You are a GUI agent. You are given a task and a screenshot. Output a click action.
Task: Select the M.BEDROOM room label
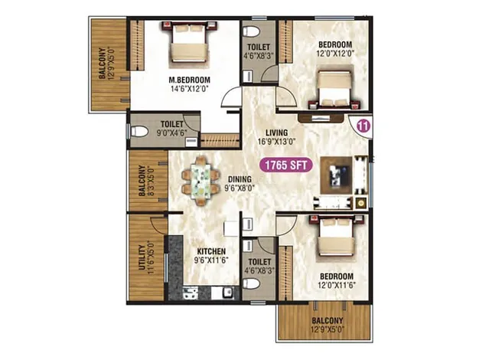point(188,79)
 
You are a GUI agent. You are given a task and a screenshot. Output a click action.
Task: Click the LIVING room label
point(266,130)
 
